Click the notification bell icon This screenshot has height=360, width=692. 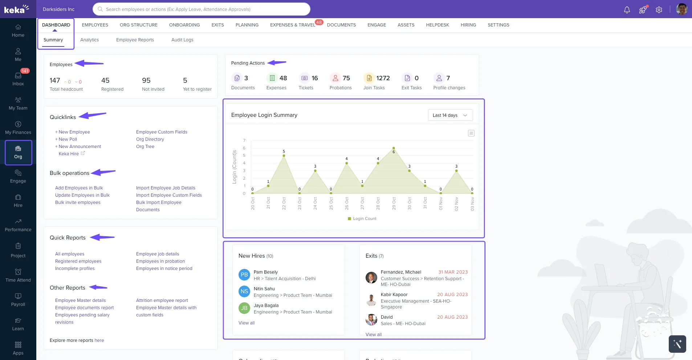[x=627, y=10]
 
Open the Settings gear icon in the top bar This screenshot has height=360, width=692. [x=659, y=10]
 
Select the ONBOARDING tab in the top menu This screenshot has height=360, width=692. [x=184, y=25]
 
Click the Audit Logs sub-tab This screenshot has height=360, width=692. [x=182, y=40]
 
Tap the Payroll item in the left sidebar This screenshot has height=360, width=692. [x=18, y=300]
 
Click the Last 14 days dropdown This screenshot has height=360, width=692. [x=450, y=115]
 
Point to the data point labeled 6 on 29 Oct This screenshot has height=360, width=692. [x=394, y=148]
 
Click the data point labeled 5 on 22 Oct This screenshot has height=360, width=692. [x=284, y=156]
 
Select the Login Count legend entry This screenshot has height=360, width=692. [x=362, y=219]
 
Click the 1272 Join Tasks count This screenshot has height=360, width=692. [x=383, y=78]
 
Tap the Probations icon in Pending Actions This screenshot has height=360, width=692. [x=335, y=78]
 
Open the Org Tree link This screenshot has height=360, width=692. [x=145, y=147]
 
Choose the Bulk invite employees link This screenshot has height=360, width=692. [x=78, y=202]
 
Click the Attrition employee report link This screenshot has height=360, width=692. [x=162, y=300]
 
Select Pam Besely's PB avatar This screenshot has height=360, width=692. [x=244, y=275]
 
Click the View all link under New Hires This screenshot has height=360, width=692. [x=247, y=323]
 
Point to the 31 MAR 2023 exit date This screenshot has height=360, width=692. [x=453, y=272]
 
